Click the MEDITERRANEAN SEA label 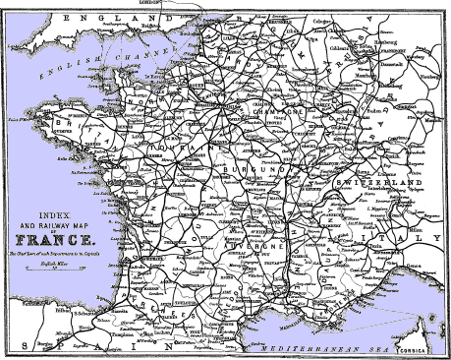(334, 346)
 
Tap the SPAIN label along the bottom (88, 346)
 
